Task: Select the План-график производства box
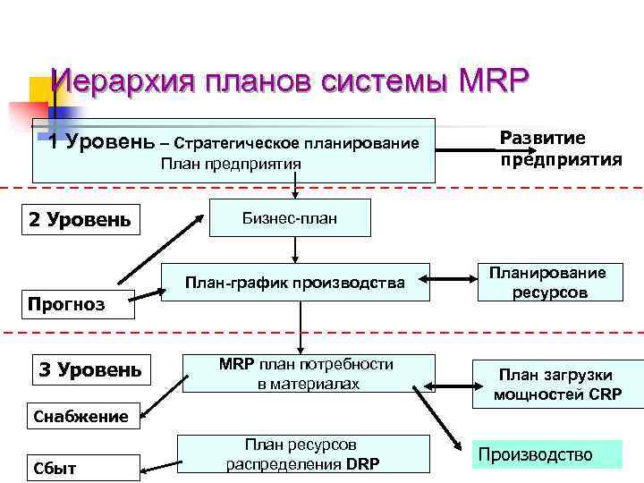(x=295, y=284)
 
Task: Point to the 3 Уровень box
(x=89, y=369)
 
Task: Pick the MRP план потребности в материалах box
(x=307, y=374)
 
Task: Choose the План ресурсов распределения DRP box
(x=304, y=454)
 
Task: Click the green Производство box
(x=547, y=454)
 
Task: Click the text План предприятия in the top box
(x=231, y=164)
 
